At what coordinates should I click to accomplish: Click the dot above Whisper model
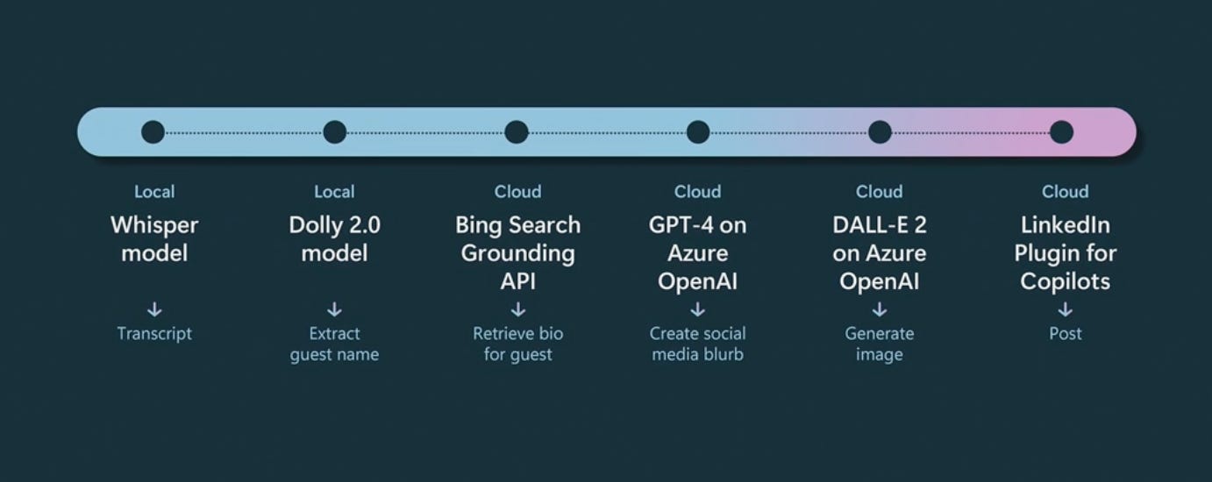click(x=153, y=132)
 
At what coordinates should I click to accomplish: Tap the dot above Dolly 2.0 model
click(x=334, y=132)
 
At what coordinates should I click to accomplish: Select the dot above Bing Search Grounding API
click(x=517, y=132)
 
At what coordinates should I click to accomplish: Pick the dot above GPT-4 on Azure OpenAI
click(x=698, y=132)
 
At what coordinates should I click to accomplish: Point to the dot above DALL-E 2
click(x=880, y=132)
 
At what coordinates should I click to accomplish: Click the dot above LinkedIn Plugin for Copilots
click(x=1061, y=132)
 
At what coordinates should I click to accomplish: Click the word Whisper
click(x=154, y=226)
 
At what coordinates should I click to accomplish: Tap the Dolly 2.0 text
click(x=334, y=226)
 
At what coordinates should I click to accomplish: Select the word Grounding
click(x=517, y=254)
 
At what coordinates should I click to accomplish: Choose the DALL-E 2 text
click(x=880, y=225)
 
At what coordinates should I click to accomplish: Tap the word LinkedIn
click(x=1066, y=225)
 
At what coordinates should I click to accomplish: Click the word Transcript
click(x=154, y=334)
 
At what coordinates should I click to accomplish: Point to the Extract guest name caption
click(x=334, y=344)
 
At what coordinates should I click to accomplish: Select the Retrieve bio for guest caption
click(x=517, y=344)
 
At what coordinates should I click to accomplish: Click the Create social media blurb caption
click(x=697, y=344)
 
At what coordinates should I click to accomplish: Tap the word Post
click(x=1066, y=333)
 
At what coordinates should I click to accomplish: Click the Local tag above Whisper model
click(x=154, y=192)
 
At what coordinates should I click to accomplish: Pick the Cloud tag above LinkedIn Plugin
click(x=1066, y=192)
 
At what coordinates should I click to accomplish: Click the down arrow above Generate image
click(x=880, y=309)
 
